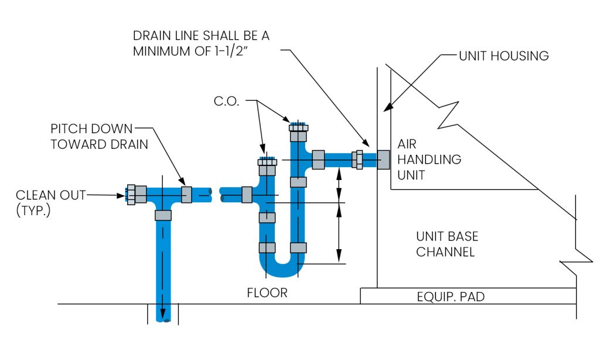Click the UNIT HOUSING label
(x=503, y=56)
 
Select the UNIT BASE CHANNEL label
(x=447, y=244)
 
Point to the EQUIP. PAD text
(x=451, y=297)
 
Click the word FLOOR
(x=267, y=293)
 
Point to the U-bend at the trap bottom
(x=283, y=267)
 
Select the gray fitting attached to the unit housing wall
(x=383, y=159)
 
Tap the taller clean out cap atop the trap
(x=298, y=127)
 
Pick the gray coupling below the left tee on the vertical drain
(x=162, y=215)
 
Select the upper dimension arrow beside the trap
(x=338, y=184)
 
